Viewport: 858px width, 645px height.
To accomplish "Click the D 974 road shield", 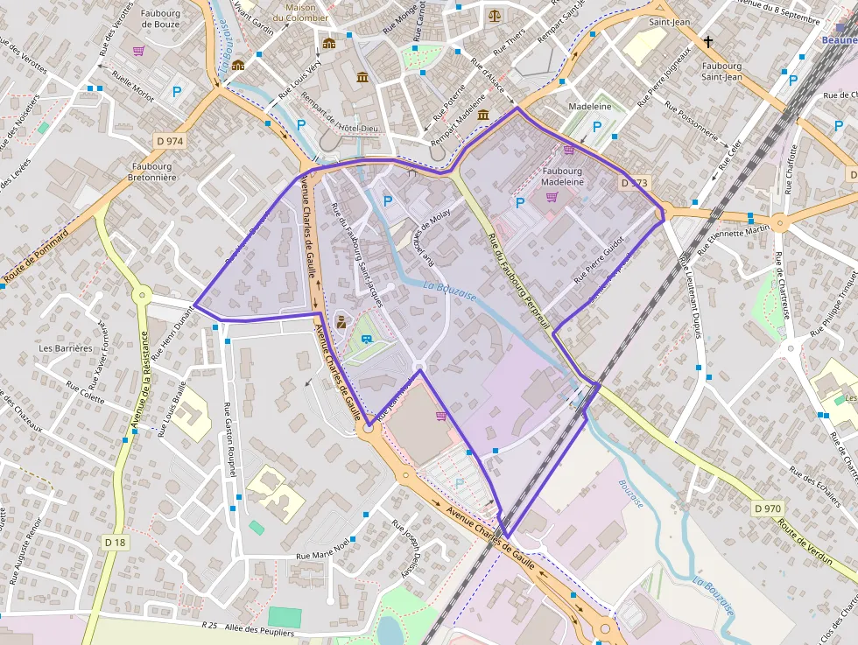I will click(170, 140).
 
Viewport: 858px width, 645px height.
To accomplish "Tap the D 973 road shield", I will click(634, 183).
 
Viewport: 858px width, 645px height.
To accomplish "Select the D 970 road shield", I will click(767, 508).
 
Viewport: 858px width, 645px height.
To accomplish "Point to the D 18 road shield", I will click(115, 543).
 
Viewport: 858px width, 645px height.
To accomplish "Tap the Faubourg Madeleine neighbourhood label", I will click(563, 176).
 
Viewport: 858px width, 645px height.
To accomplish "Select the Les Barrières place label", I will click(66, 347).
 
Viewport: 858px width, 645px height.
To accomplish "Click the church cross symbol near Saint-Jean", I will click(708, 41).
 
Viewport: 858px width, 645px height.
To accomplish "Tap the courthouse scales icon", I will click(496, 15).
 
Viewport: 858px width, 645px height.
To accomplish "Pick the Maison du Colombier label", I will click(300, 12).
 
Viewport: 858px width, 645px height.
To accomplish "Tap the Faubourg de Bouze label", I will click(160, 18).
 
